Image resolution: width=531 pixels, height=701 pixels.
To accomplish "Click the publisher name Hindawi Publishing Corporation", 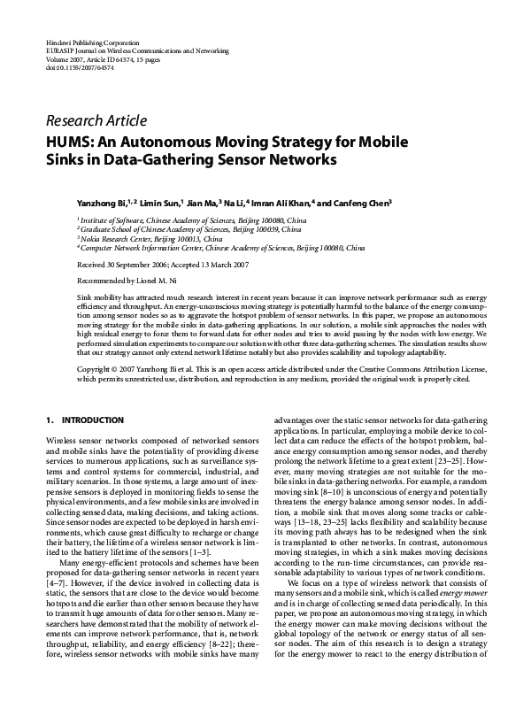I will [x=92, y=42].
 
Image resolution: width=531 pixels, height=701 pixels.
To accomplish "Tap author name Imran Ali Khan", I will [x=282, y=204].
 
